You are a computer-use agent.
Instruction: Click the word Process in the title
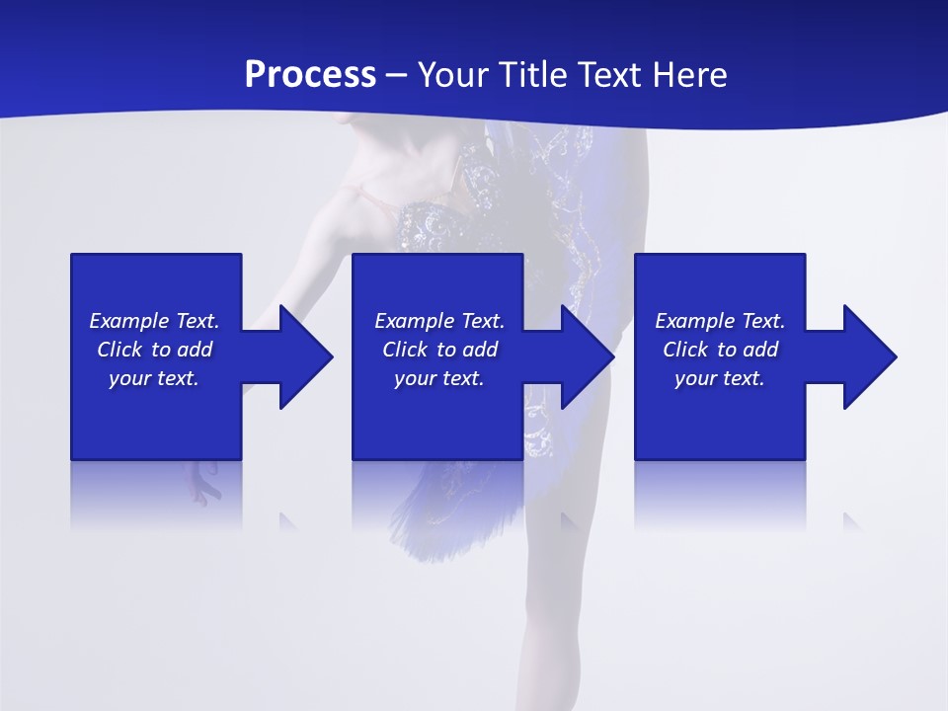coord(310,75)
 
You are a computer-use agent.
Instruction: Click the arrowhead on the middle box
coord(586,356)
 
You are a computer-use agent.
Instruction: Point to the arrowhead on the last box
coord(868,356)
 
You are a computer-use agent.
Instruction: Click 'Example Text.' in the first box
coord(154,321)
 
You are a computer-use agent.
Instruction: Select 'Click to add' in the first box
coord(154,350)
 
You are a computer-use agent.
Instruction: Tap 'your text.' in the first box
coord(154,378)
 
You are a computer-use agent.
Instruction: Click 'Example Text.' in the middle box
coord(439,321)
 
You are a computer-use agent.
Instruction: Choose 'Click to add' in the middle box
coord(439,350)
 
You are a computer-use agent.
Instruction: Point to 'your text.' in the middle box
coord(439,378)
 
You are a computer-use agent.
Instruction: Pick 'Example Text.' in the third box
coord(720,321)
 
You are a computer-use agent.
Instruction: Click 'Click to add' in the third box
coord(720,350)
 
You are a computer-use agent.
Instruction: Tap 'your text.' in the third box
coord(720,378)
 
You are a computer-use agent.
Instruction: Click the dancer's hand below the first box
coord(205,482)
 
